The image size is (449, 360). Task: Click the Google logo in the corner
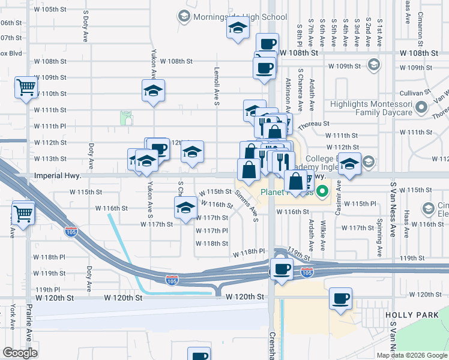[x=20, y=352]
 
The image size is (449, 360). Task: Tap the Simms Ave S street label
[x=247, y=205]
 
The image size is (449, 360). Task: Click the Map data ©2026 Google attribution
[x=412, y=355]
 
